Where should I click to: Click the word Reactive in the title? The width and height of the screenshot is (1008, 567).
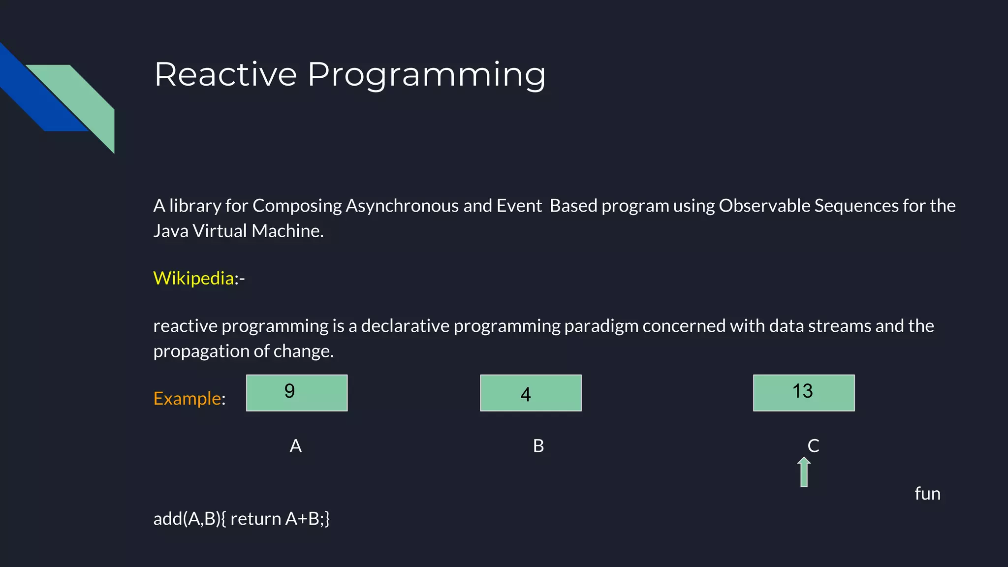pos(225,74)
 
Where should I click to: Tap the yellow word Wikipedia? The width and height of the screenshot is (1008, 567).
pos(193,278)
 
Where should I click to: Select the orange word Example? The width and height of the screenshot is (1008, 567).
pos(187,398)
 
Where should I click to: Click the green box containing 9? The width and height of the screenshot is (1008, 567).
pos(297,393)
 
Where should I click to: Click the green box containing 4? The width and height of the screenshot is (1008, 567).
pos(531,393)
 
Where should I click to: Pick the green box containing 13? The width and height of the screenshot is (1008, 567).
pos(804,393)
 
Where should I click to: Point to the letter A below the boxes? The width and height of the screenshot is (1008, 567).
pos(295,446)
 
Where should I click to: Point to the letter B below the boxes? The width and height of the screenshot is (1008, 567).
pos(538,446)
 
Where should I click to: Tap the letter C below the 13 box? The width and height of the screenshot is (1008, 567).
pos(813,446)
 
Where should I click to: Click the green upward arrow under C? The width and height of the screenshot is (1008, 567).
pos(804,472)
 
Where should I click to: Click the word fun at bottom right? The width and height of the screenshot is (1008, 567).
pos(927,494)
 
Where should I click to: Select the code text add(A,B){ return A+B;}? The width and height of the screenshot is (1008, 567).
pos(241,519)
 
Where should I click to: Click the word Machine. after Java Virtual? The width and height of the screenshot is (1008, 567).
pos(287,231)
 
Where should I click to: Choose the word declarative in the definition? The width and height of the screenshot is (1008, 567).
pos(405,326)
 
